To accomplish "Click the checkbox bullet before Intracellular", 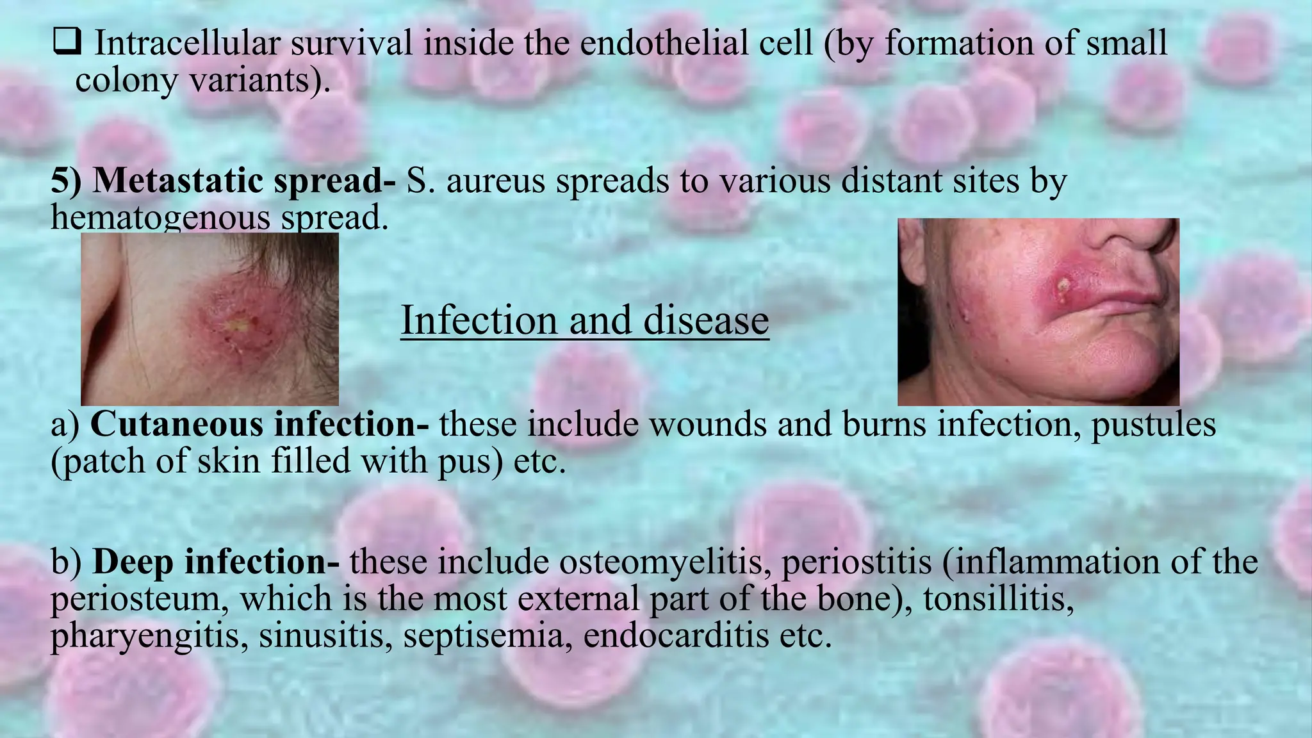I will click(67, 42).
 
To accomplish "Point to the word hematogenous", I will click(160, 218).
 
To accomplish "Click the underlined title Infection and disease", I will click(584, 320).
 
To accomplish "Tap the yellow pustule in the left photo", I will click(238, 325).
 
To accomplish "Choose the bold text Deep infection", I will click(216, 562).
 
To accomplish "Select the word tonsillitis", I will click(998, 599).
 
